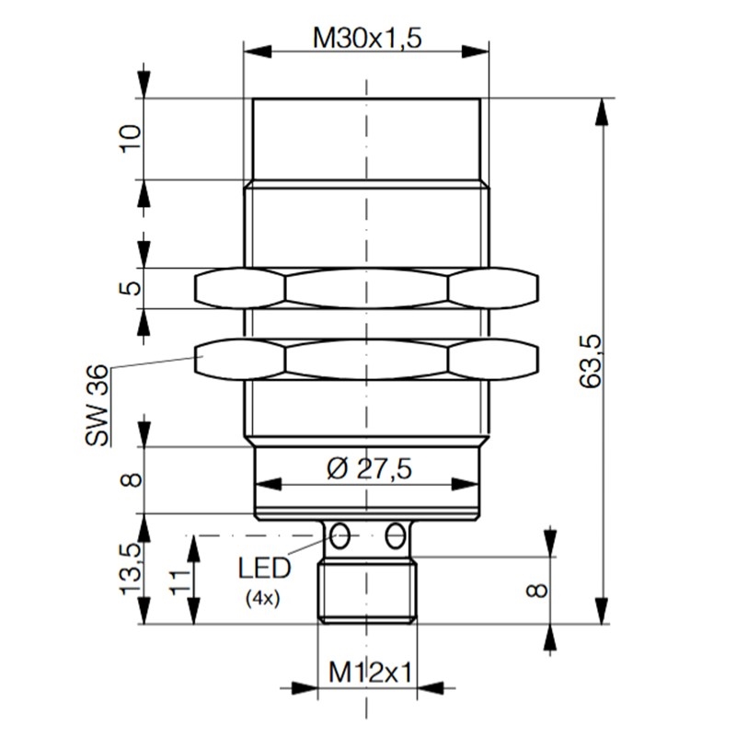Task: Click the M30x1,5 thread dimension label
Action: pyautogui.click(x=366, y=39)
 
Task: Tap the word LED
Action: pyautogui.click(x=264, y=568)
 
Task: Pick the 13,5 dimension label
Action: pyautogui.click(x=130, y=568)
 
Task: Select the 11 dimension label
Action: pyautogui.click(x=179, y=580)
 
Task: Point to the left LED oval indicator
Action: pyautogui.click(x=340, y=533)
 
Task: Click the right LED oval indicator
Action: pyautogui.click(x=396, y=533)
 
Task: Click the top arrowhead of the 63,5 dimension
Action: pyautogui.click(x=602, y=110)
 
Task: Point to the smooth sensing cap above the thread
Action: pyautogui.click(x=366, y=138)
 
